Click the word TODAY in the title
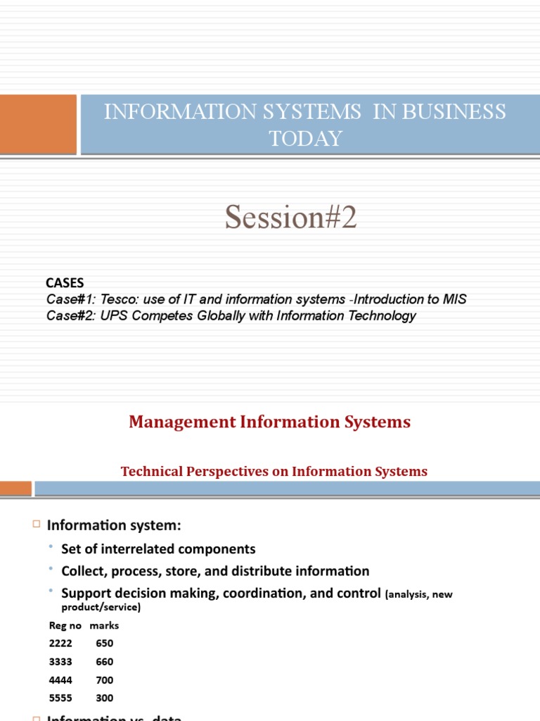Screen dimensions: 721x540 click(x=305, y=139)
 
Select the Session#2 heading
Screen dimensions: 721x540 click(x=291, y=218)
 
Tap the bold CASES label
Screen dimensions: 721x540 click(x=65, y=283)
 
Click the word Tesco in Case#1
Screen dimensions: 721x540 click(x=118, y=299)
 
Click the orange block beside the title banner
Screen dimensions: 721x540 click(x=37, y=124)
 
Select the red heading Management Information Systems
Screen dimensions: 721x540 click(x=269, y=422)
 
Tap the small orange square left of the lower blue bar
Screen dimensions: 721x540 click(x=15, y=488)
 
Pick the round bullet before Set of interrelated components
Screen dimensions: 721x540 click(x=51, y=547)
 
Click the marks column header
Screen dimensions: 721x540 click(x=105, y=625)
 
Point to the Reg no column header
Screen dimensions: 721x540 click(x=65, y=625)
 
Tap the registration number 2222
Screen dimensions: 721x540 click(x=60, y=644)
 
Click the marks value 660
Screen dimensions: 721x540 click(x=105, y=662)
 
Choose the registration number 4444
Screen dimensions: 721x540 click(x=60, y=680)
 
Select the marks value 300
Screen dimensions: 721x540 click(x=105, y=698)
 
